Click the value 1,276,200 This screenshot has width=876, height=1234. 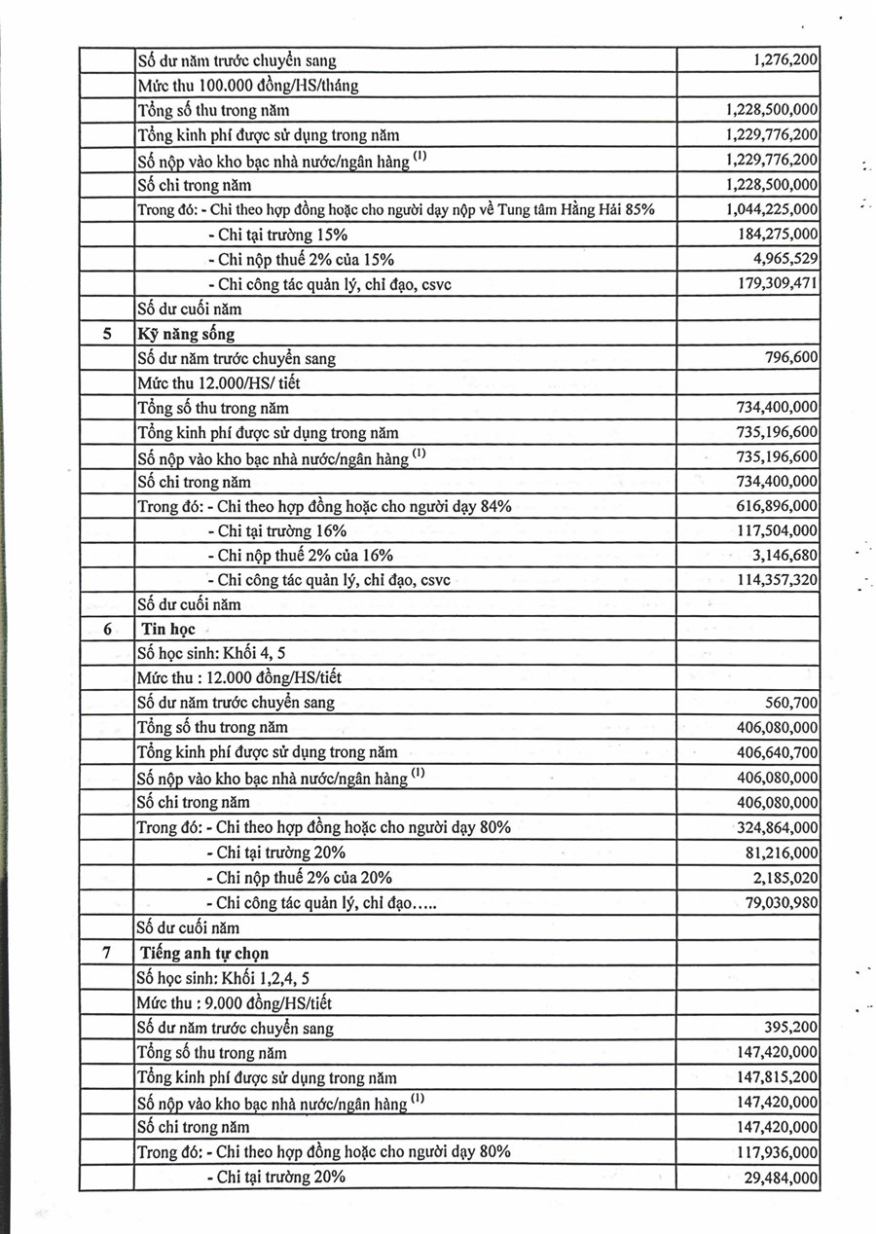tap(785, 60)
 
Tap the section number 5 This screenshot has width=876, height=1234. tap(106, 334)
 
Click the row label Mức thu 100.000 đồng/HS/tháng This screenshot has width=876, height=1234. tap(247, 86)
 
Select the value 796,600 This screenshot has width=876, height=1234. tap(792, 358)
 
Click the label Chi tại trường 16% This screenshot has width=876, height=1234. tap(276, 530)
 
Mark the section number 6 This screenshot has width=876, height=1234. tap(106, 630)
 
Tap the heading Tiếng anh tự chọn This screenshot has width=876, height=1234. tap(204, 953)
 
